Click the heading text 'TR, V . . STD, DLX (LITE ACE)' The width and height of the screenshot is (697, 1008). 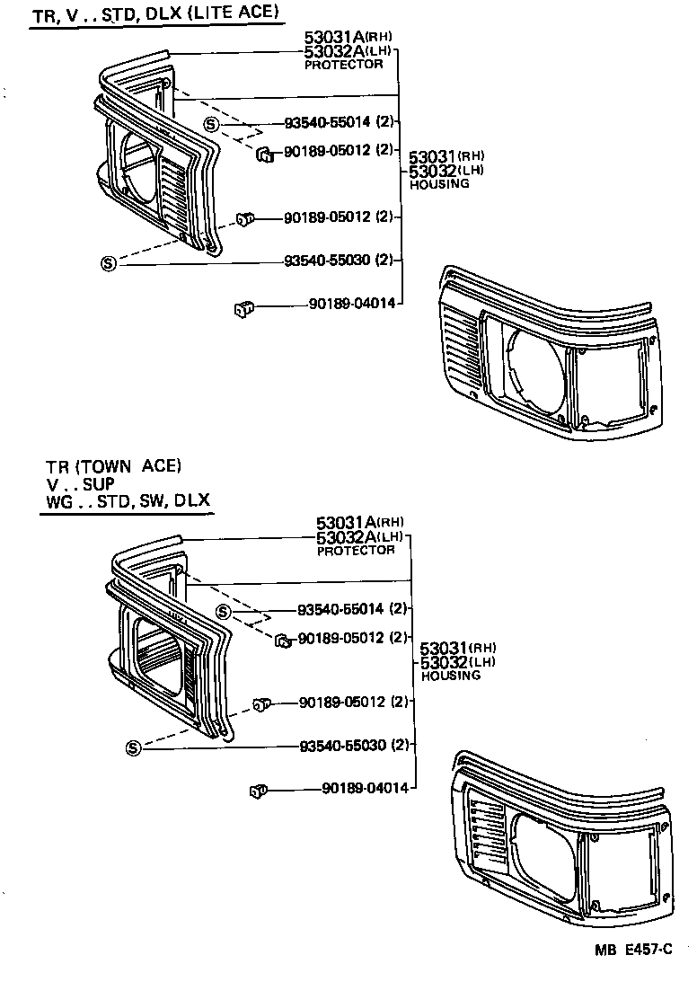click(154, 14)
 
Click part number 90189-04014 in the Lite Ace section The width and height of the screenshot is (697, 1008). click(351, 305)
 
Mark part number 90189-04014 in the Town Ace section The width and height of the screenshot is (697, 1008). click(365, 788)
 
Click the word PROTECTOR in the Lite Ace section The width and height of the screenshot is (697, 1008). click(343, 65)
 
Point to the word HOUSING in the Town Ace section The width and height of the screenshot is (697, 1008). click(450, 676)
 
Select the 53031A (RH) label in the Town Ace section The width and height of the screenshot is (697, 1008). click(359, 522)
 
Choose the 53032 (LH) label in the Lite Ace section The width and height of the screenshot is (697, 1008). click(446, 171)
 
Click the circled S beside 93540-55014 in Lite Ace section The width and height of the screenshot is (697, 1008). click(210, 124)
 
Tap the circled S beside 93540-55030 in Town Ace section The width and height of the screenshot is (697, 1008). click(134, 747)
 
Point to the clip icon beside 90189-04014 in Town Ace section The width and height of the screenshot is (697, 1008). click(257, 791)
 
